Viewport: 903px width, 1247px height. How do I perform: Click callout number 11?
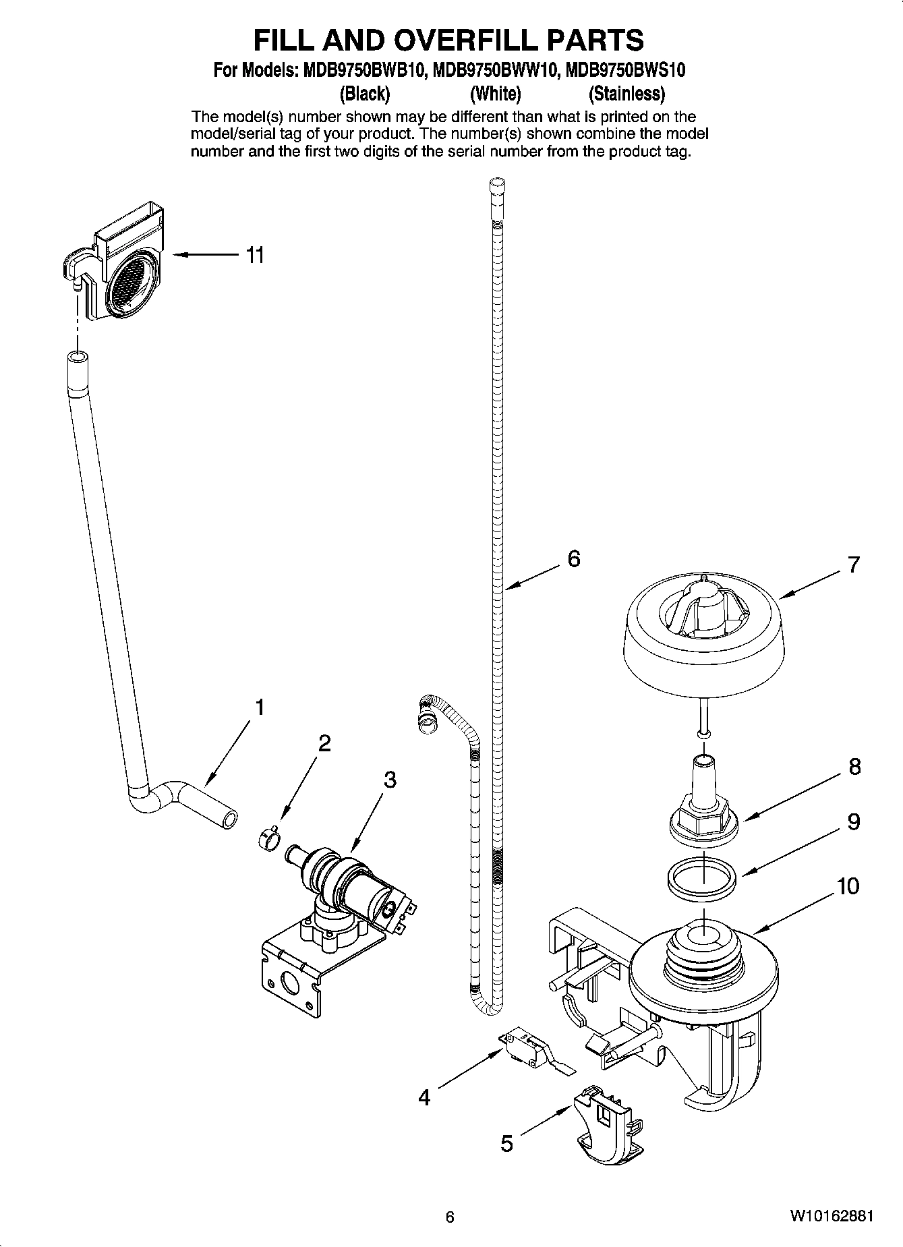(x=254, y=256)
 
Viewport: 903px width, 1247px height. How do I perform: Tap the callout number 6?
(x=573, y=558)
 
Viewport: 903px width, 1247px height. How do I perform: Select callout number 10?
(x=848, y=886)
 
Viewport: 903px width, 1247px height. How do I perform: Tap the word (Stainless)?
(x=627, y=93)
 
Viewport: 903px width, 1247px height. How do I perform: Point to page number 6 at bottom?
(x=450, y=1217)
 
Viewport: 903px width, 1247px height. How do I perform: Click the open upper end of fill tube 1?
(x=76, y=357)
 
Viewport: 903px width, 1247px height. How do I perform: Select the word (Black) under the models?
(x=365, y=93)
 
